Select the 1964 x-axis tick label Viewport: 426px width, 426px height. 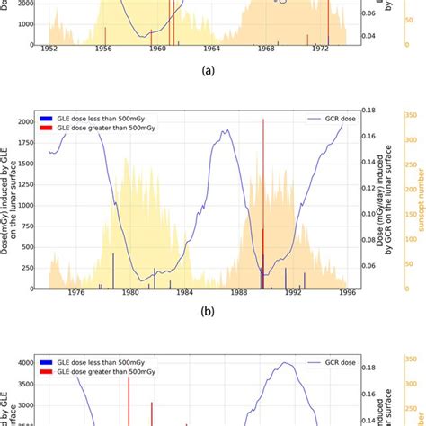(212, 49)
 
